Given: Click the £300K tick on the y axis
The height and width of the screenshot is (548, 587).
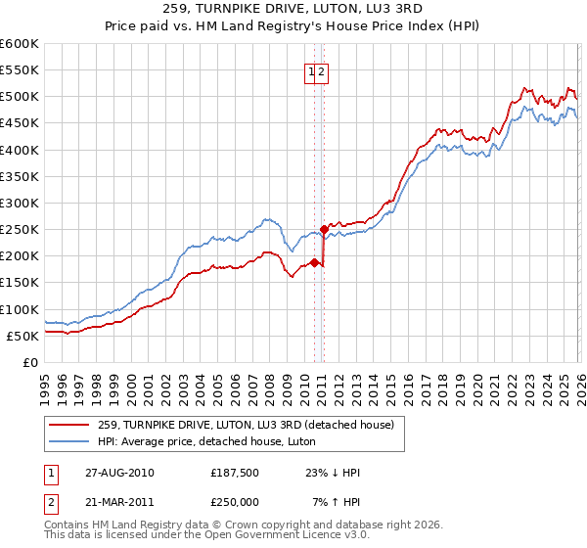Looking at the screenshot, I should pyautogui.click(x=20, y=204).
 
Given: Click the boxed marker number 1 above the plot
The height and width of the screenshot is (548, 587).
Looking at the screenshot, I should pyautogui.click(x=312, y=70).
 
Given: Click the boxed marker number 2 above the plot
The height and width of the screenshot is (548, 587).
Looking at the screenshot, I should pyautogui.click(x=322, y=70).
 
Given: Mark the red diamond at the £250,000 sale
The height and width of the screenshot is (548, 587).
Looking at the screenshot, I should pyautogui.click(x=324, y=230).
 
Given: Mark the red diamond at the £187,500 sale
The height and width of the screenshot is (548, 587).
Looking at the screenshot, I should pyautogui.click(x=314, y=262).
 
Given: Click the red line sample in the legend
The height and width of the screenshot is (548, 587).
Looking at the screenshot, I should pyautogui.click(x=70, y=425).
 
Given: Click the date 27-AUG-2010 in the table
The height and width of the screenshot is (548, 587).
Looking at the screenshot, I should pyautogui.click(x=118, y=472).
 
